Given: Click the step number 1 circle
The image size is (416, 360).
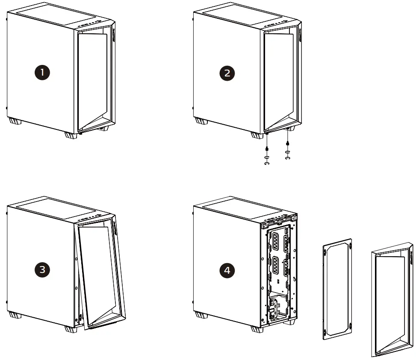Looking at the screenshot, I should (42, 73).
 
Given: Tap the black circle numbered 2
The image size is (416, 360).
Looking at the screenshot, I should (227, 73).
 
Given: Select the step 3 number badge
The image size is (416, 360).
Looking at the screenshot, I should (42, 269).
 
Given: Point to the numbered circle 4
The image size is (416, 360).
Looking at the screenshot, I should (227, 269).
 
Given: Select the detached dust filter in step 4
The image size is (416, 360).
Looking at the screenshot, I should (337, 289).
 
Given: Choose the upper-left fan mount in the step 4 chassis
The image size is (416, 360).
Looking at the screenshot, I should (274, 242).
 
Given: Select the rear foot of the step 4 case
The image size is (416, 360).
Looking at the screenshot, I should (200, 315).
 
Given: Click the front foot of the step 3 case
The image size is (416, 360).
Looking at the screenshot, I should (71, 329).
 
